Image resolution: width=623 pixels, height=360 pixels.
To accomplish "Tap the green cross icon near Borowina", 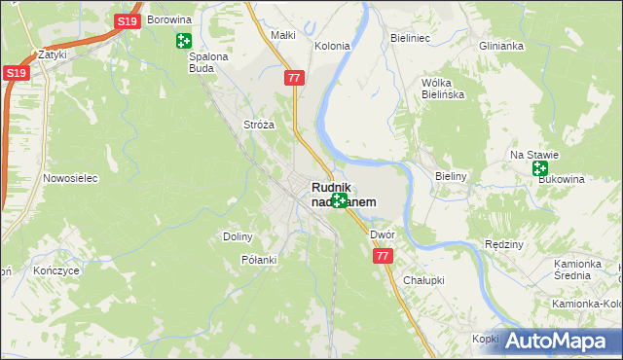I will (183, 40).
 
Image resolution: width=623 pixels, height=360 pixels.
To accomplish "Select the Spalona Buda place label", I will (207, 62).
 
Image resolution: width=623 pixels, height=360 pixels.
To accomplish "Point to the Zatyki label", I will (52, 54).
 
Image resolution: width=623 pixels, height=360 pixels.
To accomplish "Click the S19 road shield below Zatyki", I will (14, 73).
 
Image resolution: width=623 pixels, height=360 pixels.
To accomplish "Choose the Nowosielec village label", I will (67, 178).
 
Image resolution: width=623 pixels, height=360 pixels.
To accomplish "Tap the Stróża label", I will (259, 125).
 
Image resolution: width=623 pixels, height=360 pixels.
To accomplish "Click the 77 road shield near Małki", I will (294, 76).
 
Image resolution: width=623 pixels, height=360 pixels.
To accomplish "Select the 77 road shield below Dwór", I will (381, 255).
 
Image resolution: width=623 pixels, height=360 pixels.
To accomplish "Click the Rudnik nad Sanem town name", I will (343, 195).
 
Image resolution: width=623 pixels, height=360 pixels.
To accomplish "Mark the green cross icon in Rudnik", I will (339, 200).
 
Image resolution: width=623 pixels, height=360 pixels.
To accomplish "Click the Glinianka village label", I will (501, 46).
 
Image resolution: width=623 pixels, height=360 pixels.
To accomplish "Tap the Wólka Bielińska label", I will (441, 89).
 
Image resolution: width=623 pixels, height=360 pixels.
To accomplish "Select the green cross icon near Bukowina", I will (540, 168).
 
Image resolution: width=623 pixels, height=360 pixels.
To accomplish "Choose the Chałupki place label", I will (423, 279).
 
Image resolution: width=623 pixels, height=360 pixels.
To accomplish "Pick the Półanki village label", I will (259, 260).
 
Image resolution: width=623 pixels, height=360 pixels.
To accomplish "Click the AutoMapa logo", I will (560, 341).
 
